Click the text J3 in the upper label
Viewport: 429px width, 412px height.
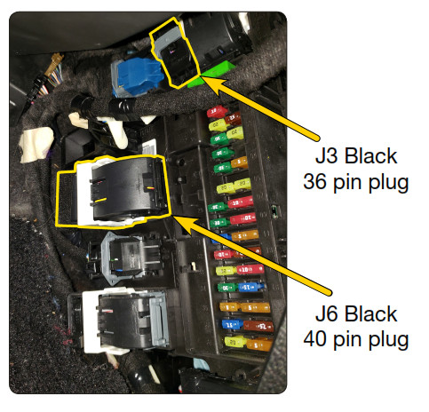pos(326,155)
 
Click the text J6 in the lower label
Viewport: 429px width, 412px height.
pos(326,313)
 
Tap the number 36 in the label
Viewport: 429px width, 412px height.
pos(315,181)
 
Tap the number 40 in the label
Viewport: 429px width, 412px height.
pos(315,339)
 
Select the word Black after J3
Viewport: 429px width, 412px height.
pos(370,155)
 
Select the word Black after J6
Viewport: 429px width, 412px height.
pos(370,313)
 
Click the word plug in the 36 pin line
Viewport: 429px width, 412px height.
pos(389,183)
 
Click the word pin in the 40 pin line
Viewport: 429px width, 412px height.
pos(347,340)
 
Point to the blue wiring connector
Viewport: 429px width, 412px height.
pos(137,76)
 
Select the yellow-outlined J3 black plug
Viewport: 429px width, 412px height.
pos(174,53)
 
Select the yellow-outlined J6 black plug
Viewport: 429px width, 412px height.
pos(113,192)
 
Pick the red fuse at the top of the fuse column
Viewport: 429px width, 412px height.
pos(217,112)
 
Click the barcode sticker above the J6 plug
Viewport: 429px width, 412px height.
pos(150,147)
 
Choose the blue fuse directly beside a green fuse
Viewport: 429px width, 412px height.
pos(250,287)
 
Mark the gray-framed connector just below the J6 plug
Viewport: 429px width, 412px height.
pos(131,258)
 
